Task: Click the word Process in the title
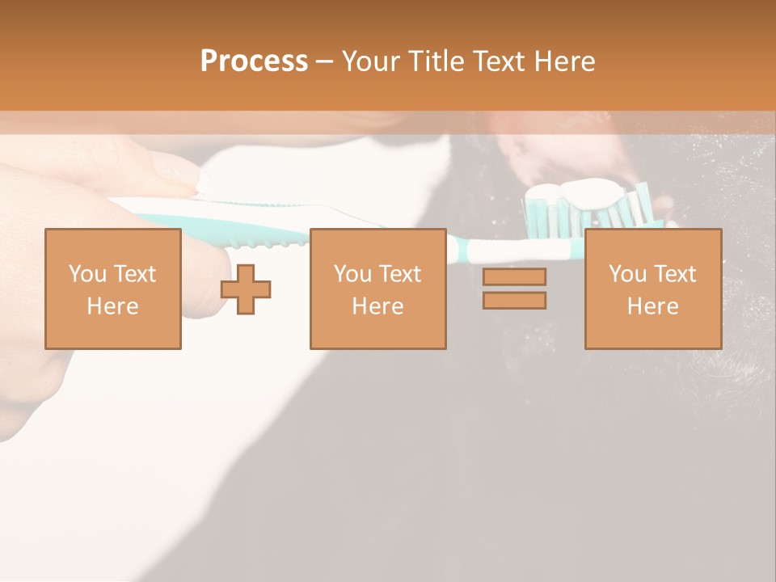(x=254, y=61)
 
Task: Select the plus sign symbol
(x=246, y=289)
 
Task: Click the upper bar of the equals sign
(x=514, y=277)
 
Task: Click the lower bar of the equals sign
(x=514, y=301)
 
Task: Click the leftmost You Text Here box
(x=112, y=289)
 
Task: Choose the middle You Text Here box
(x=377, y=289)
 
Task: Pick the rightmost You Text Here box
(x=652, y=289)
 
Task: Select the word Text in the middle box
(x=399, y=274)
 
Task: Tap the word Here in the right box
(x=652, y=306)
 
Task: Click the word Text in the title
(x=494, y=61)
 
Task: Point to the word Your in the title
(x=372, y=61)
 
